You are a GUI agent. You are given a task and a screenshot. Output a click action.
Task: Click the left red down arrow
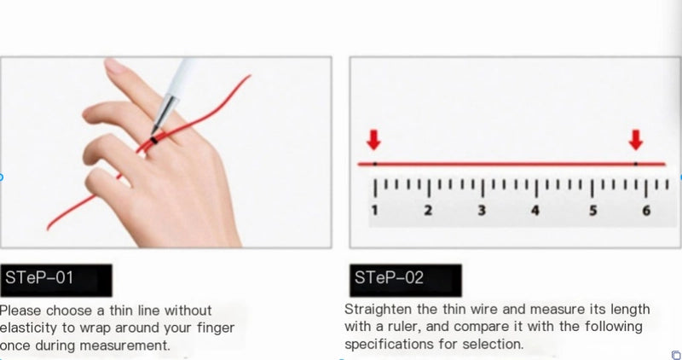tap(373, 140)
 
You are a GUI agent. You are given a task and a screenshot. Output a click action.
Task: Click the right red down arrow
tap(636, 140)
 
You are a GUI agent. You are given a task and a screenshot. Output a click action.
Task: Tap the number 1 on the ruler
tap(374, 211)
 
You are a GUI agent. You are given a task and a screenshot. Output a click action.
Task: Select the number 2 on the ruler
tap(429, 211)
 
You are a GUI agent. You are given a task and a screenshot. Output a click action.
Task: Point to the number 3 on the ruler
tap(482, 211)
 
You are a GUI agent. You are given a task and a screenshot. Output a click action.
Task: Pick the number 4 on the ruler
tap(535, 211)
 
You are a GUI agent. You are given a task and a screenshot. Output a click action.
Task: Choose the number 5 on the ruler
tap(592, 211)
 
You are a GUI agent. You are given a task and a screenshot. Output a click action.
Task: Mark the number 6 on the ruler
tap(646, 211)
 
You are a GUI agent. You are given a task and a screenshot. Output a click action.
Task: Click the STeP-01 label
tap(56, 281)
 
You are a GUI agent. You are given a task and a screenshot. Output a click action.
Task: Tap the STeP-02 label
tap(406, 281)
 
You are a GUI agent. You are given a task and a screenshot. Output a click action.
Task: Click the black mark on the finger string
tap(153, 140)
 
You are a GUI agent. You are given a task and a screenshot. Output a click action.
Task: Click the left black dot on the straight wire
tap(375, 164)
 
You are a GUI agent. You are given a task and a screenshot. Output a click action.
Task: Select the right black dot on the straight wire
tap(635, 164)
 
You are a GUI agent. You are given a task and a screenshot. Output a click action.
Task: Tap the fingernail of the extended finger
tap(115, 66)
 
